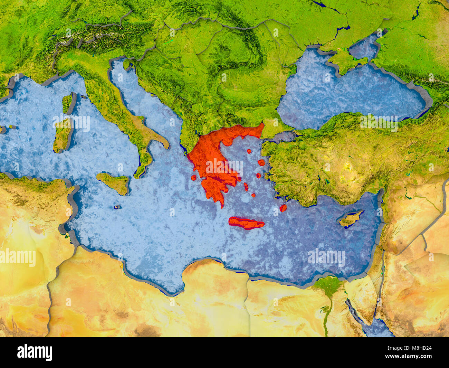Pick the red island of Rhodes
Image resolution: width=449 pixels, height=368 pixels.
[283, 208]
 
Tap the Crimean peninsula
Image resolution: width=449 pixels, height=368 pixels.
[345, 61]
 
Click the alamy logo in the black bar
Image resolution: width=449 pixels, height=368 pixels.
[35, 352]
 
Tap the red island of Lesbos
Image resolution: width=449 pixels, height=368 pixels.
[261, 162]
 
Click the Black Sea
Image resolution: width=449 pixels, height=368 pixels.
[349, 93]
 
